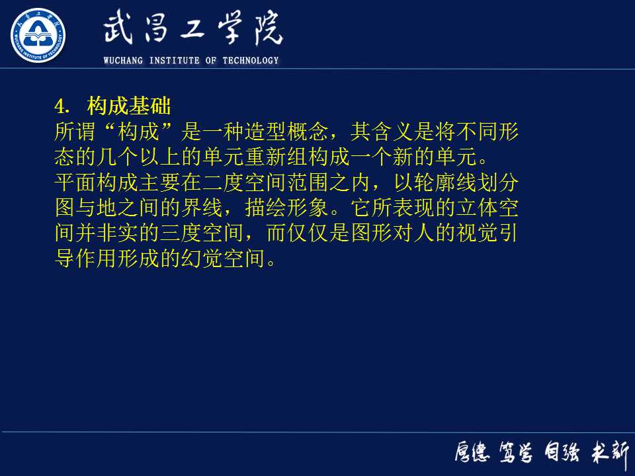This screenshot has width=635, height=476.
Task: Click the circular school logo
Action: [x=38, y=35]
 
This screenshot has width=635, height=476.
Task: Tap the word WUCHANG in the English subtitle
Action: [x=124, y=61]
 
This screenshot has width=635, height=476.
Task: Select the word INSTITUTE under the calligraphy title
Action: [x=175, y=61]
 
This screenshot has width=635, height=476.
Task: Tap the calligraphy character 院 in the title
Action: [x=265, y=30]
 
